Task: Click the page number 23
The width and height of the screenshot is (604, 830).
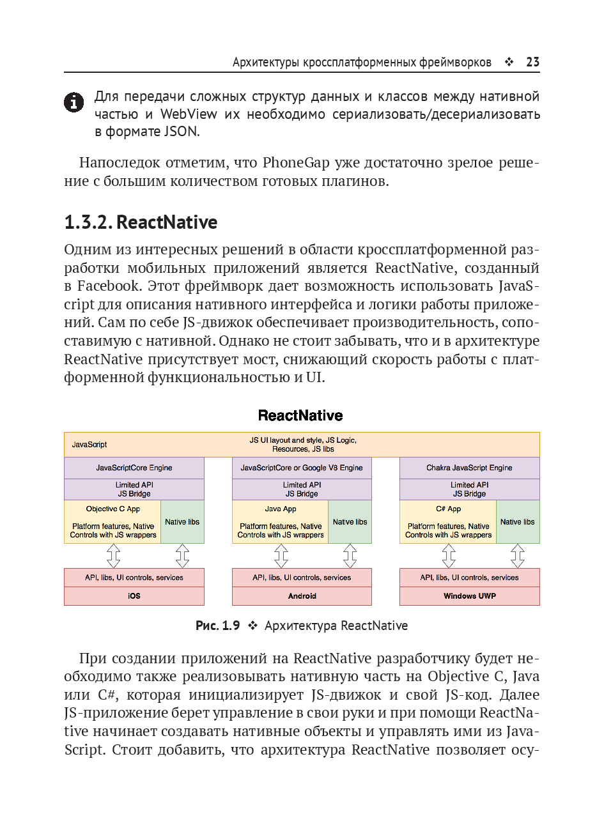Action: point(532,62)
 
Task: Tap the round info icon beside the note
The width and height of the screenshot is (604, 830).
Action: point(74,102)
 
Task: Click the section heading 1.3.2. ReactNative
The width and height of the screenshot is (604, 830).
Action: point(141,222)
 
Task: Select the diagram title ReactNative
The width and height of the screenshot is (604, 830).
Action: point(300,415)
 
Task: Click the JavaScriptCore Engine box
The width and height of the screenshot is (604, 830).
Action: point(134,468)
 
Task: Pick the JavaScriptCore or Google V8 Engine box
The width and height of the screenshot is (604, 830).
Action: point(302,468)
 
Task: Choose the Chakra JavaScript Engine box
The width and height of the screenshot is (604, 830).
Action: point(470,468)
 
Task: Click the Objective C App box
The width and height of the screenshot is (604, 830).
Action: point(112,521)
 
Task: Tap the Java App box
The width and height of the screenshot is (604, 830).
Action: point(280,521)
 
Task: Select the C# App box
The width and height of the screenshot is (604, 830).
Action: point(448,521)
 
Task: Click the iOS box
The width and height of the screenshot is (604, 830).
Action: point(134,596)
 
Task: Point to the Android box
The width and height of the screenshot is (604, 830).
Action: point(302,596)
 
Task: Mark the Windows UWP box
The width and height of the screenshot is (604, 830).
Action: point(470,596)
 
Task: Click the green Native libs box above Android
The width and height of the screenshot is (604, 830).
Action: point(350,522)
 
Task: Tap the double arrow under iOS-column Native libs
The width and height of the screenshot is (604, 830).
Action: point(182,556)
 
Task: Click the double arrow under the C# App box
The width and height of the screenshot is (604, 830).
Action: point(449,556)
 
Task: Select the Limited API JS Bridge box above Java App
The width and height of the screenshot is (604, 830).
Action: point(302,489)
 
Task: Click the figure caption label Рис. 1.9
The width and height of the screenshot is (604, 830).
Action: point(217,626)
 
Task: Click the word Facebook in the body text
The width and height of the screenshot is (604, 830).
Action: point(108,286)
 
